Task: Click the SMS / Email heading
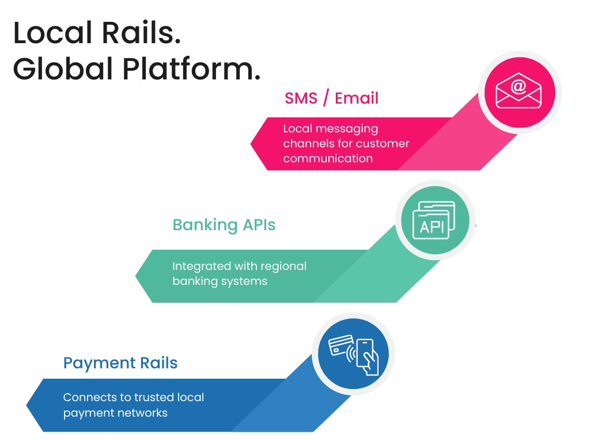331,98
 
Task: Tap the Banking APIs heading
224,224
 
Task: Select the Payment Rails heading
120,363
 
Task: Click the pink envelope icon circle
519,93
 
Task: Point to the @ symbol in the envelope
519,86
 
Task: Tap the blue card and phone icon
353,353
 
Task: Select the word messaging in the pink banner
350,128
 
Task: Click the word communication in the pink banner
327,158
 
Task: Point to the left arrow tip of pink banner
252,144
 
